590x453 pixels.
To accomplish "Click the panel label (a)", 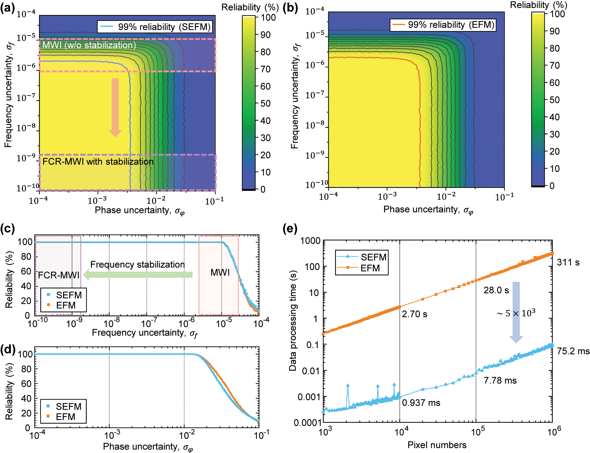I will pyautogui.click(x=7, y=8).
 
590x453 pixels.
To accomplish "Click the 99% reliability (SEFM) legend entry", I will pyautogui.click(x=155, y=27).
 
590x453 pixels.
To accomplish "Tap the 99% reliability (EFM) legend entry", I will pyautogui.click(x=442, y=25).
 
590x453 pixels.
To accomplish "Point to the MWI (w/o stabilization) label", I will pyautogui.click(x=89, y=45).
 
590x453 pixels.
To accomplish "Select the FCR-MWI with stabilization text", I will pyautogui.click(x=98, y=162).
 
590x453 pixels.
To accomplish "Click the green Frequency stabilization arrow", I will pyautogui.click(x=138, y=275).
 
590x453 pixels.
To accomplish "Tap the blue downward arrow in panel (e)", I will pyautogui.click(x=516, y=312).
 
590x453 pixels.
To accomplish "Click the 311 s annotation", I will pyautogui.click(x=568, y=262).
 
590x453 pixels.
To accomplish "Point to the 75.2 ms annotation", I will pyautogui.click(x=573, y=351).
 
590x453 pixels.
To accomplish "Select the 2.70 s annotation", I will pyautogui.click(x=414, y=314).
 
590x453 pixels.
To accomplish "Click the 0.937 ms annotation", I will pyautogui.click(x=421, y=403).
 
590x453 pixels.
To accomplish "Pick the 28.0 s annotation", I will pyautogui.click(x=496, y=290).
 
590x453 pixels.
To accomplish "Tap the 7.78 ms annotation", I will pyautogui.click(x=500, y=380).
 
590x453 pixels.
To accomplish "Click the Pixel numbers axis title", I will pyautogui.click(x=437, y=445).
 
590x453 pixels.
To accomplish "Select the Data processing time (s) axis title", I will pyautogui.click(x=293, y=321).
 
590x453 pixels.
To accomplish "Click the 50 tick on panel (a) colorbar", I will pyautogui.click(x=265, y=103).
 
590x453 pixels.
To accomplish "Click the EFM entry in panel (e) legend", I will pyautogui.click(x=370, y=268).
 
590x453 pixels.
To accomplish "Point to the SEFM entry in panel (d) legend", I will pyautogui.click(x=68, y=407).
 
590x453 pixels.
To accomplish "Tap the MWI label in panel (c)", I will pyautogui.click(x=220, y=272).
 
